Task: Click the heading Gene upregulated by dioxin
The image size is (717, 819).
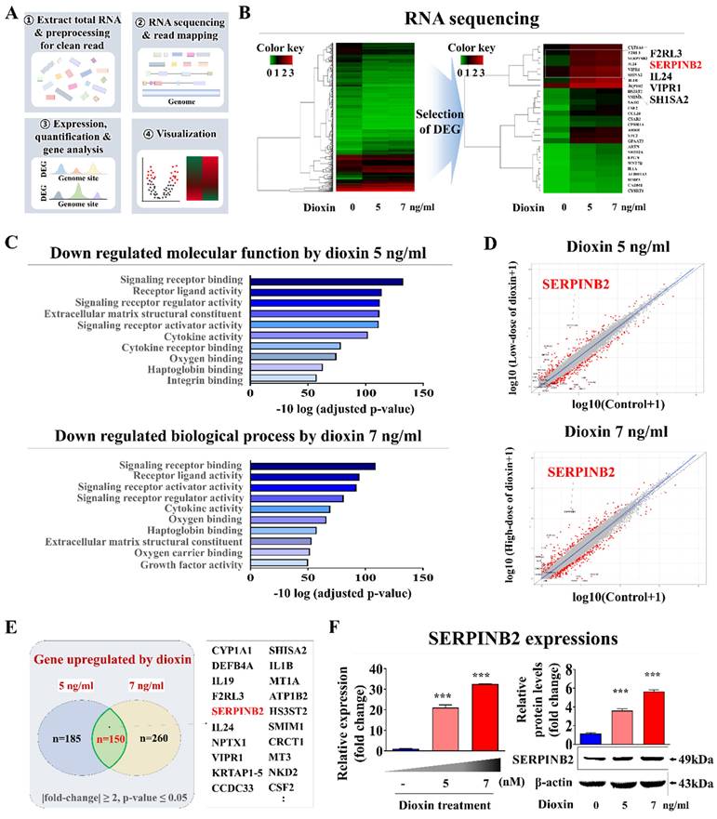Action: [113, 662]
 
